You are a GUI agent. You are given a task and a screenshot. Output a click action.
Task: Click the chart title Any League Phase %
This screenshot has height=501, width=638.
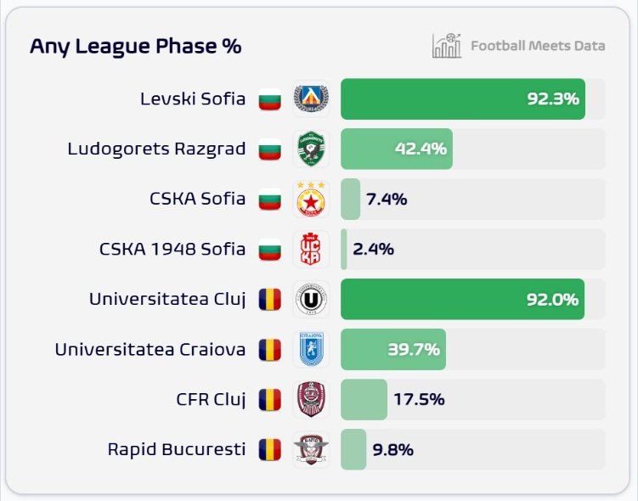[x=135, y=47]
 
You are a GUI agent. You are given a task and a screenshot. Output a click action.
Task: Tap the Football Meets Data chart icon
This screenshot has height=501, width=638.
[x=446, y=46]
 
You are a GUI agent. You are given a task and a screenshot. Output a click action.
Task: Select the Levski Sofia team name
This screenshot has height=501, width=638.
[x=193, y=99]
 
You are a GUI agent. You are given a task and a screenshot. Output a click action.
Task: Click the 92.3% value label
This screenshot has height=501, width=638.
[x=552, y=99]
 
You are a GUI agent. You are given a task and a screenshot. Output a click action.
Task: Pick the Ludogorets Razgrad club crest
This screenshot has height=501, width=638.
[x=311, y=149]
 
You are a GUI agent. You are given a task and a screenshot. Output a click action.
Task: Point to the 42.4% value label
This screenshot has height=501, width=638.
[x=421, y=149]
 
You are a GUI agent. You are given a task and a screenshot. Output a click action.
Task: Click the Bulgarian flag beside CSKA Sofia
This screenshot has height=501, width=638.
[x=269, y=200]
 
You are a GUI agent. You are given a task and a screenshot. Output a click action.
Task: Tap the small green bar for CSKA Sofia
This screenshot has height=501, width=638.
[x=350, y=200]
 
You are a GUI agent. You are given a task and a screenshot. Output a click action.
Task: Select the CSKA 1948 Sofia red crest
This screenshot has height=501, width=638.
[x=311, y=250]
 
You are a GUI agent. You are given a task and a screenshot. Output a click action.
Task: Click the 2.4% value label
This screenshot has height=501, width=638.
[x=374, y=250]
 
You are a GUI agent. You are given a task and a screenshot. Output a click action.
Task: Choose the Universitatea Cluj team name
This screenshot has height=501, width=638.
[x=167, y=299]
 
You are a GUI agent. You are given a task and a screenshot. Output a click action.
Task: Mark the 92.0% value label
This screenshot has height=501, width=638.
[x=552, y=299]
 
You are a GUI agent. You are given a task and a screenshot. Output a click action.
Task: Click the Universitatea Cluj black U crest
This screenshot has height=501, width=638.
[x=311, y=299]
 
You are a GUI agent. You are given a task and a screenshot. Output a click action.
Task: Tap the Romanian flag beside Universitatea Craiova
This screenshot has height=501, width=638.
[x=269, y=349]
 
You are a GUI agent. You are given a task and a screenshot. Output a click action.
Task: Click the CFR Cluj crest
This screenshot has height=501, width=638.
[x=311, y=399]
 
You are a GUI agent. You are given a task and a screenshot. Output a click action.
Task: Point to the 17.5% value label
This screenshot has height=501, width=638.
[x=418, y=399]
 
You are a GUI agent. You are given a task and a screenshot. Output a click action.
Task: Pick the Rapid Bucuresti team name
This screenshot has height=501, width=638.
[x=176, y=449]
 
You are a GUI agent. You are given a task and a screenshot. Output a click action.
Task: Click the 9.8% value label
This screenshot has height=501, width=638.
[x=392, y=449]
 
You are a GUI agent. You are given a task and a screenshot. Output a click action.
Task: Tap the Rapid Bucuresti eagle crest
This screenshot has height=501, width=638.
[x=311, y=449]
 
